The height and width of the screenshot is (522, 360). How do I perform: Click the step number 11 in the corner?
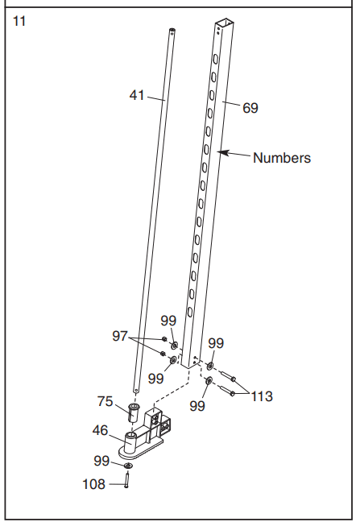19,21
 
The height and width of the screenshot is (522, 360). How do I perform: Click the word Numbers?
281,158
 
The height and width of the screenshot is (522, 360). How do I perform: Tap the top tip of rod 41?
172,31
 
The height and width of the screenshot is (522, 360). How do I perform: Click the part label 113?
261,396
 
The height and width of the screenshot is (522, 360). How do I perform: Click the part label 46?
101,431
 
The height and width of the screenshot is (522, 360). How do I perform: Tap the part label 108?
94,484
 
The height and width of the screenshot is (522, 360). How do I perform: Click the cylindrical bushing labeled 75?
133,413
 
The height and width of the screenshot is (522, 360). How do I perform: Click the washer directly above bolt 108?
128,466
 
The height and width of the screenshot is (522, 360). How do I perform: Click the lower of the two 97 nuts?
163,354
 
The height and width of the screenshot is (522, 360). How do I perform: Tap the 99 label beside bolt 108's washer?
101,461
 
